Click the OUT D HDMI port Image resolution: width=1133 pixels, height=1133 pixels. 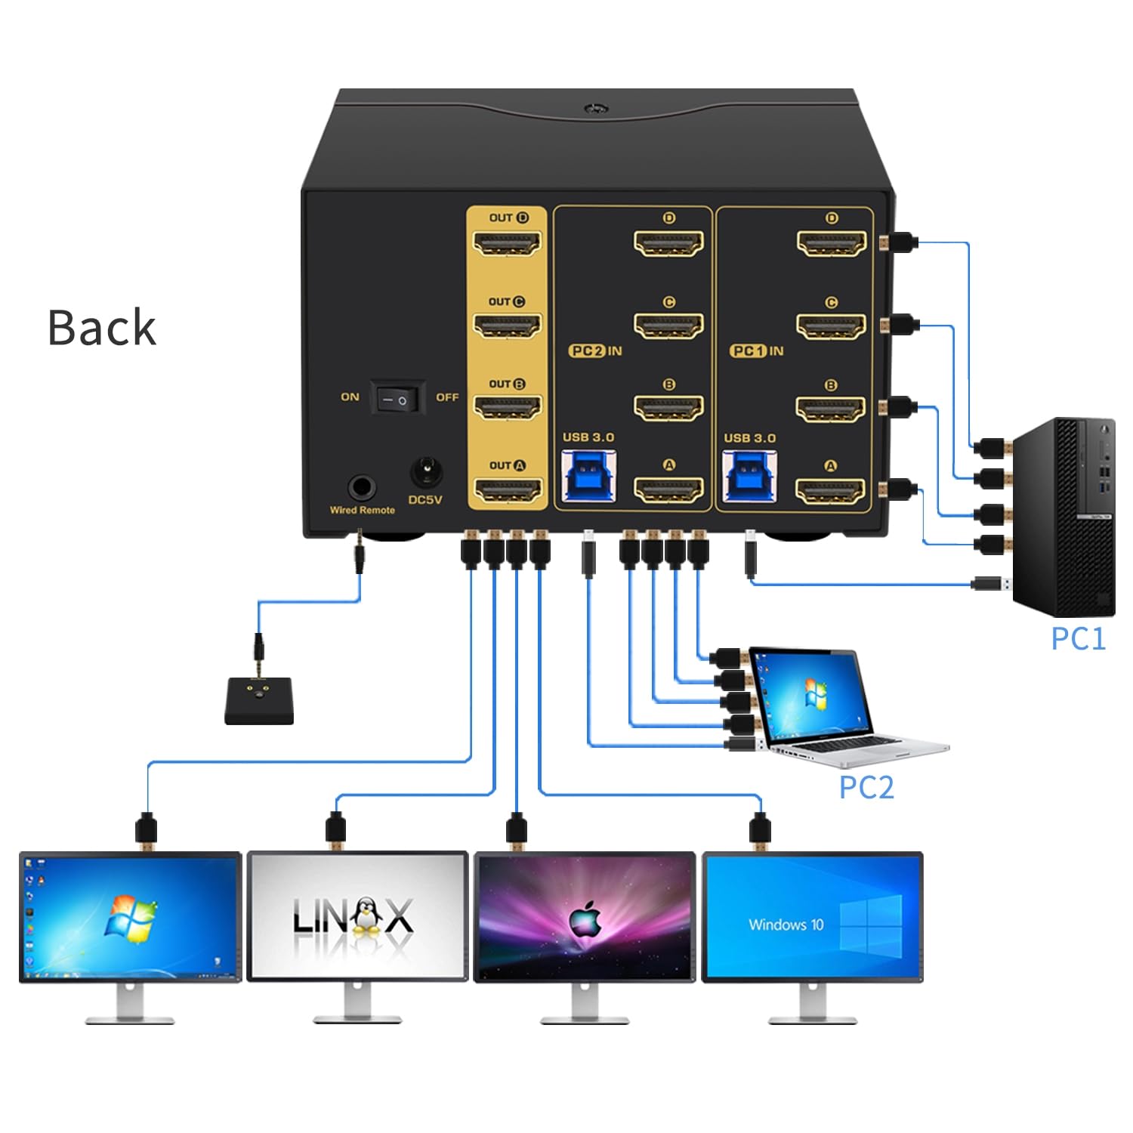[507, 244]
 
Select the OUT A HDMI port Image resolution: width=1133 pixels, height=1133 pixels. [507, 492]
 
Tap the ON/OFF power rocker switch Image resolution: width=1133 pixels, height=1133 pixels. [397, 398]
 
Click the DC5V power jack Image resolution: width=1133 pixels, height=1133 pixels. [425, 474]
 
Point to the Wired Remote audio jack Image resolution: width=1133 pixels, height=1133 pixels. [362, 487]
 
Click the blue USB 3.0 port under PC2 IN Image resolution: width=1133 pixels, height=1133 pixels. [588, 476]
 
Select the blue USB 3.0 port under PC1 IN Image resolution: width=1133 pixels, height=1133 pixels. [749, 476]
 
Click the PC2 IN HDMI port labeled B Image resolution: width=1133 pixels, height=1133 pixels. [668, 409]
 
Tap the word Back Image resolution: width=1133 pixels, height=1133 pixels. [102, 328]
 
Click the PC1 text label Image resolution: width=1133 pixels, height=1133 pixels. [1078, 639]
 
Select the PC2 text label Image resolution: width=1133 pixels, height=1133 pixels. [866, 787]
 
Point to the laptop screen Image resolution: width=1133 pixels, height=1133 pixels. [812, 695]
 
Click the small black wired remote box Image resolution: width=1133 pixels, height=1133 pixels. [259, 702]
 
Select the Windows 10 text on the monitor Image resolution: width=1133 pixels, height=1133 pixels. [786, 925]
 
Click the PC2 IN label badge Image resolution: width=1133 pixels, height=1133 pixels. [595, 350]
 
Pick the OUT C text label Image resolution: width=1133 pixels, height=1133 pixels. [506, 301]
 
